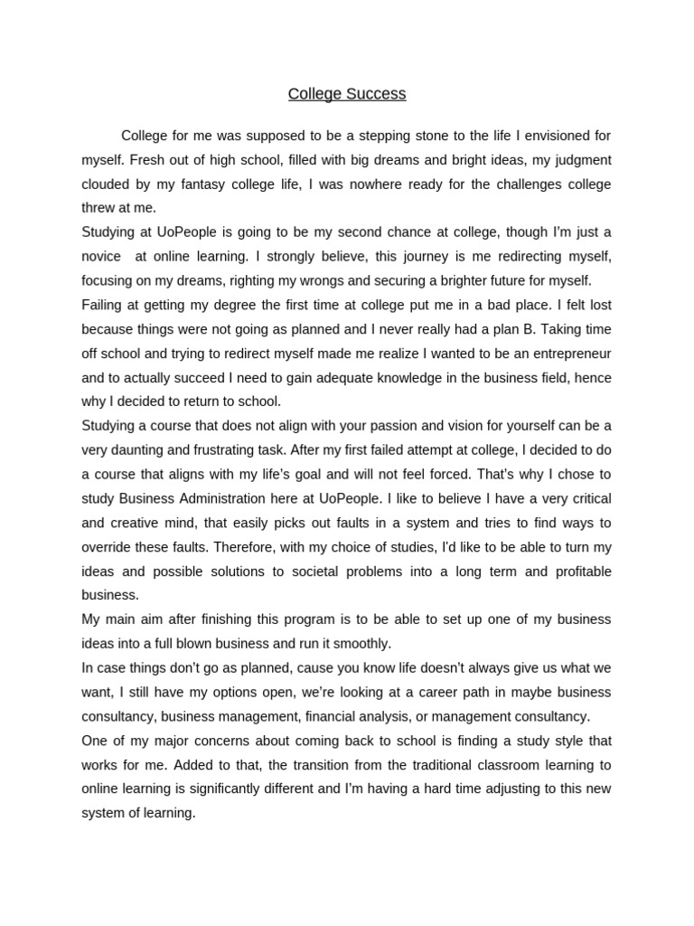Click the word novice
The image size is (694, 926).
103,256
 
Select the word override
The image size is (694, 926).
105,546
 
